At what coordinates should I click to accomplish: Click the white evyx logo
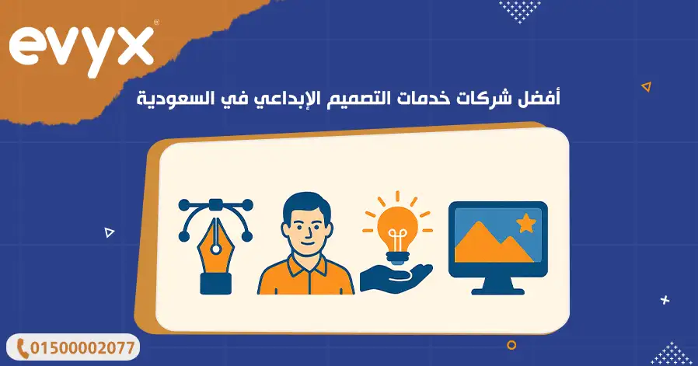tap(81, 49)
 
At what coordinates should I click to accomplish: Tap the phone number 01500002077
tap(83, 348)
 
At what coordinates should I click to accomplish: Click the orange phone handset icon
tap(22, 348)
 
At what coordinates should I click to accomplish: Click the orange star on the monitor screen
tap(525, 222)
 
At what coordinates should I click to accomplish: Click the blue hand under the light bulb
tap(396, 278)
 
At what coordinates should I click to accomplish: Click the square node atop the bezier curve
tap(216, 205)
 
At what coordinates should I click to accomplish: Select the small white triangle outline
tap(109, 232)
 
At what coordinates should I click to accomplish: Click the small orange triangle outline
tap(647, 86)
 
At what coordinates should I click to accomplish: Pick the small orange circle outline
tap(511, 344)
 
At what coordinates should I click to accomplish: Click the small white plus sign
tap(665, 300)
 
